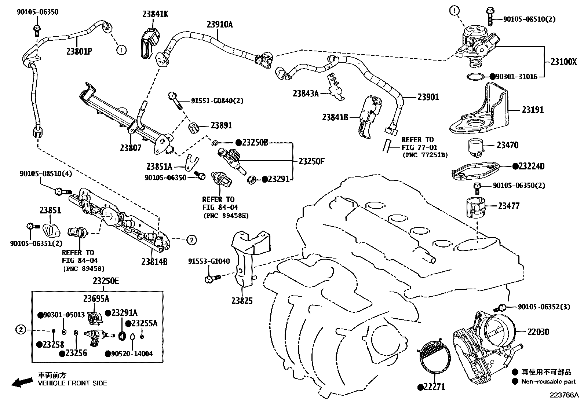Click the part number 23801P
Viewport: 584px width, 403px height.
coord(79,51)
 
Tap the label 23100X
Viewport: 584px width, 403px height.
coord(563,62)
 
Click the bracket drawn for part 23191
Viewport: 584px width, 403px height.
coord(479,110)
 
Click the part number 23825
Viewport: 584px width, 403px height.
coord(242,301)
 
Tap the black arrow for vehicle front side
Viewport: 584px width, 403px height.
coord(21,382)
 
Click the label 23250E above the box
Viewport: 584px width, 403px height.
coord(106,281)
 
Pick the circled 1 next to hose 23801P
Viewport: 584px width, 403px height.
coord(121,49)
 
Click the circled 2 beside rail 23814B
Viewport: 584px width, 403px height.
coord(191,240)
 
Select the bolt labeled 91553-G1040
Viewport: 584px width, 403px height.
coord(211,279)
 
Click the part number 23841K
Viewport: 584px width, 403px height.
coord(155,14)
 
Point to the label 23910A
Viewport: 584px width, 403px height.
coord(220,25)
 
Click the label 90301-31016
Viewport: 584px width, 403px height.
coord(516,77)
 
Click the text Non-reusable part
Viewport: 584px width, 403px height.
coord(548,381)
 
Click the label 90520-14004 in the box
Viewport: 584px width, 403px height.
coord(131,353)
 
